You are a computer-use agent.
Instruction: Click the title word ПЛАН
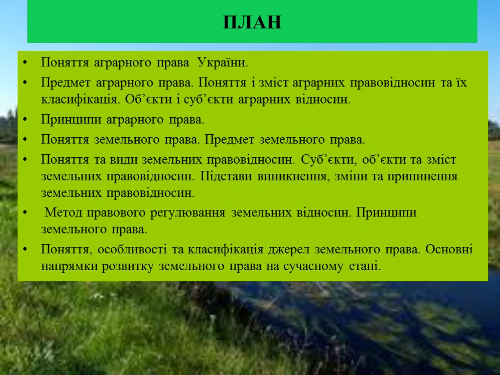click(x=252, y=22)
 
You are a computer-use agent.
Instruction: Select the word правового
click(x=112, y=213)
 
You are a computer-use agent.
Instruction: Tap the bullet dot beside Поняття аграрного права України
click(x=25, y=63)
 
